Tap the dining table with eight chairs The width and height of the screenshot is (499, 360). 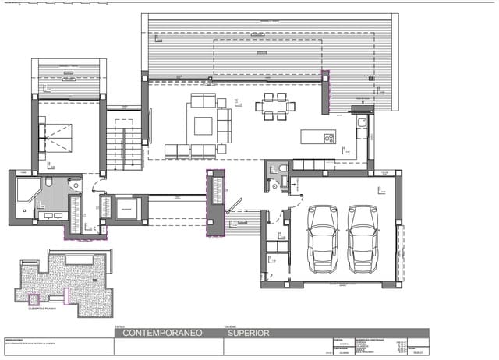[273, 108]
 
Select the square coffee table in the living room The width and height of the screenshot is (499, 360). [204, 126]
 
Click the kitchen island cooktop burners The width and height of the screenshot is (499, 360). [329, 139]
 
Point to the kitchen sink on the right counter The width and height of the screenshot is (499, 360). [360, 123]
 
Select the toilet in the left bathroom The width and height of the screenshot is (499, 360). [49, 183]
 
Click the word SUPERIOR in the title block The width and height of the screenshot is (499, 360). [249, 333]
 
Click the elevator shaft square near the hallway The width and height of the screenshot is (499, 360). [126, 209]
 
